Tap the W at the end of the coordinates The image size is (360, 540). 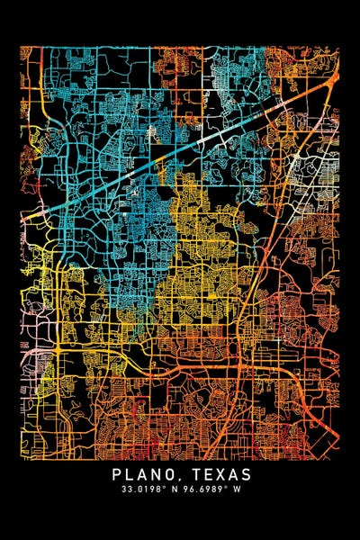pyautogui.click(x=242, y=490)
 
